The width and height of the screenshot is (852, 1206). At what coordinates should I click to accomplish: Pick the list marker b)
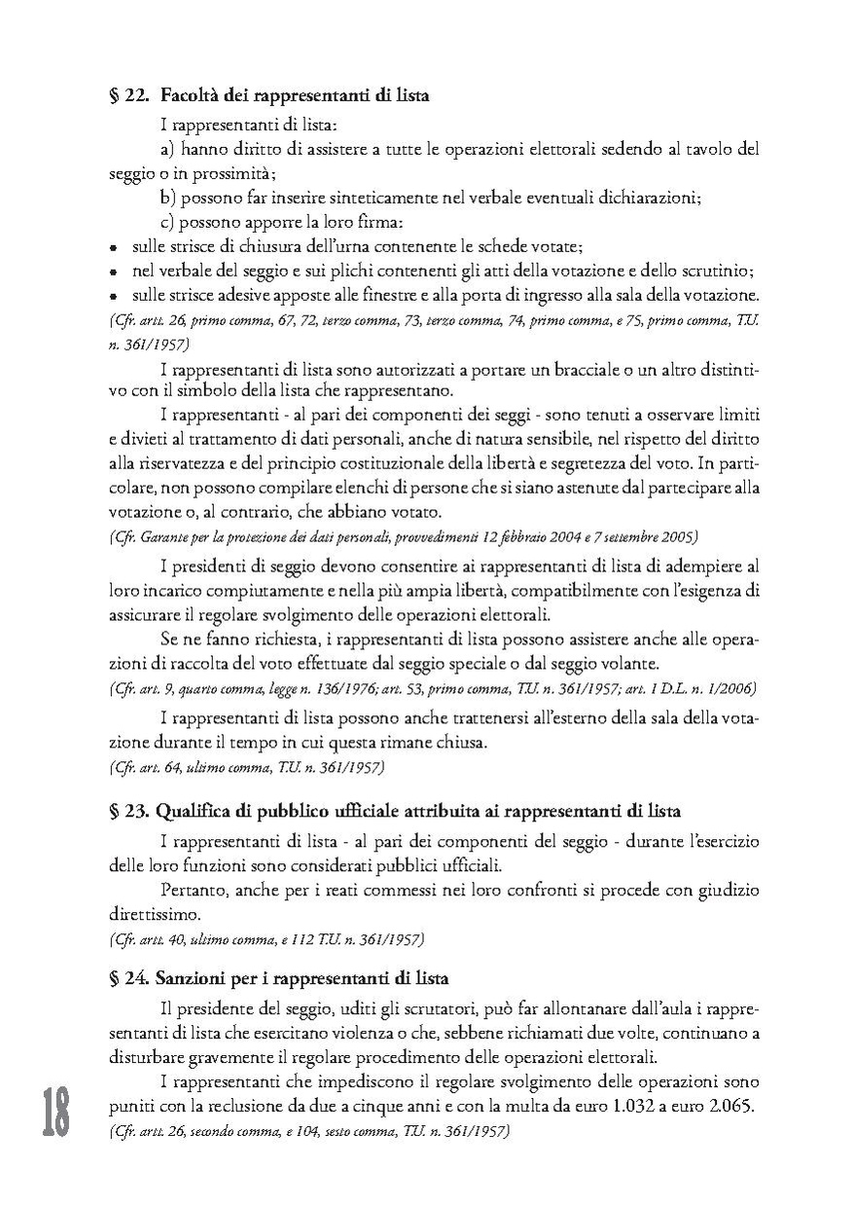click(167, 198)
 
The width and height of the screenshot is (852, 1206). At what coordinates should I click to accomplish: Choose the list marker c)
click(167, 222)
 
